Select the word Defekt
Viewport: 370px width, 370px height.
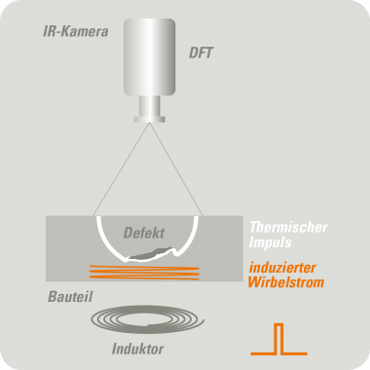(x=143, y=234)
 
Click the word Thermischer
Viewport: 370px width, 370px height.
(x=288, y=226)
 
